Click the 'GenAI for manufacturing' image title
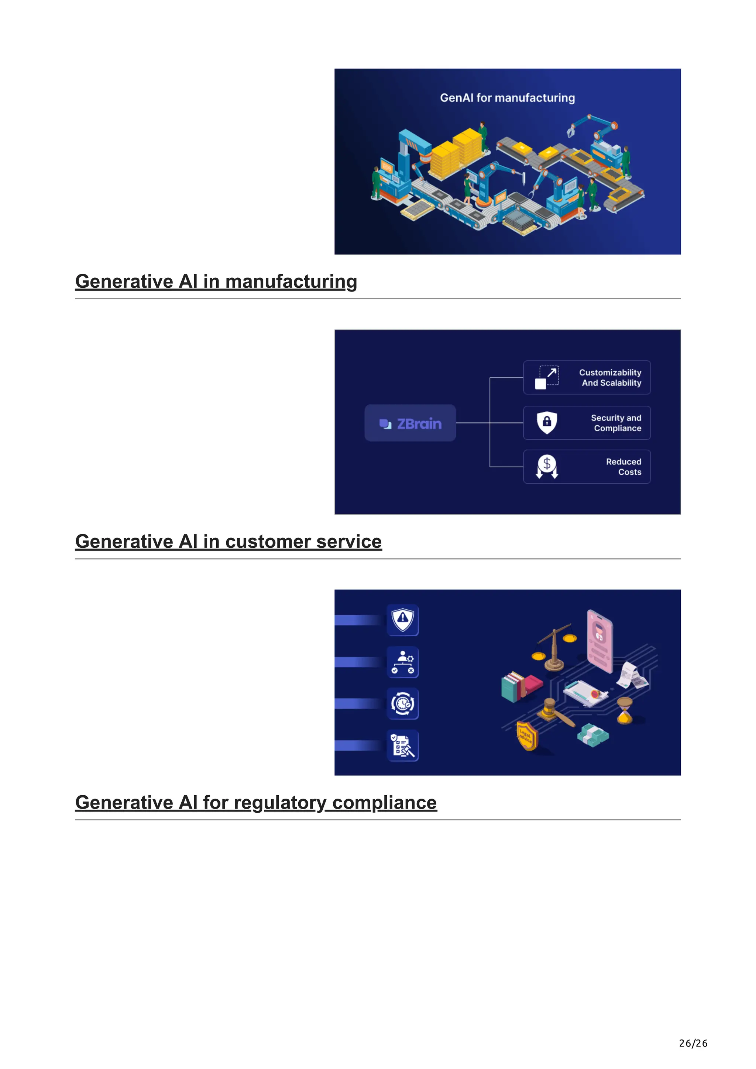507,98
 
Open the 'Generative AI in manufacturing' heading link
216,282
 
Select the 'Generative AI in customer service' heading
228,542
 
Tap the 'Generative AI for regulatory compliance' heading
256,802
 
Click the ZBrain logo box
410,423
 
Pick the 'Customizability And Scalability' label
610,378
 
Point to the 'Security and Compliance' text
616,423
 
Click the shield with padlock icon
547,422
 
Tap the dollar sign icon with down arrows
547,467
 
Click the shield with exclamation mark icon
403,620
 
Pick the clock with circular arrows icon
403,703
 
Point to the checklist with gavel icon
403,745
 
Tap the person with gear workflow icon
403,662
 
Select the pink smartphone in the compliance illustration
600,640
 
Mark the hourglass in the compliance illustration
625,710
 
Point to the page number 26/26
693,1043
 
